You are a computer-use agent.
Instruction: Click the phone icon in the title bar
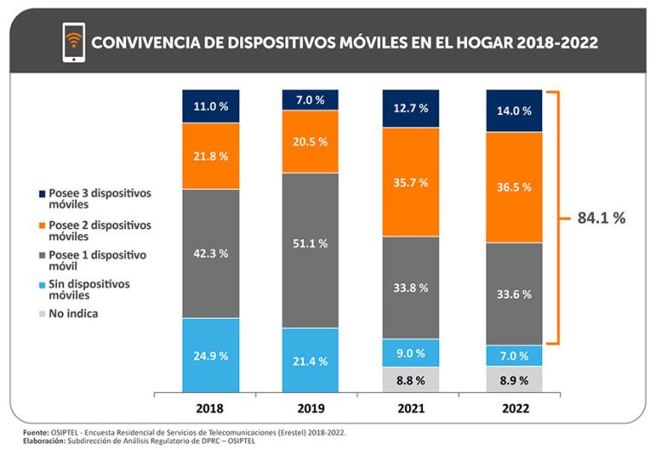coord(74,42)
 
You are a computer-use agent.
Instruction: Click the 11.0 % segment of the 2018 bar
coord(211,105)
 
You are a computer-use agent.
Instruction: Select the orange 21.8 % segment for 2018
coord(211,155)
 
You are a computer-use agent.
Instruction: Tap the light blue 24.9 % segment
coord(211,354)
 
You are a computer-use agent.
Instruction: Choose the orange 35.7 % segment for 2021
coord(411,181)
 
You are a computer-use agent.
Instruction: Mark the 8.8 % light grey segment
coord(411,378)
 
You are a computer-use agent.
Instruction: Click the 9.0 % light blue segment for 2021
coord(411,352)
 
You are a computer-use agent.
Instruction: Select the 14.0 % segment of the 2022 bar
coord(514,111)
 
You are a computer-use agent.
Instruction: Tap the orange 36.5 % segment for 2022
coord(514,187)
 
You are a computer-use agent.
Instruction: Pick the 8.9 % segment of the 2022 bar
coord(514,378)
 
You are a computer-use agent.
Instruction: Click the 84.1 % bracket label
coord(602,219)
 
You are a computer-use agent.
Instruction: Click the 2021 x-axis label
coord(411,407)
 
